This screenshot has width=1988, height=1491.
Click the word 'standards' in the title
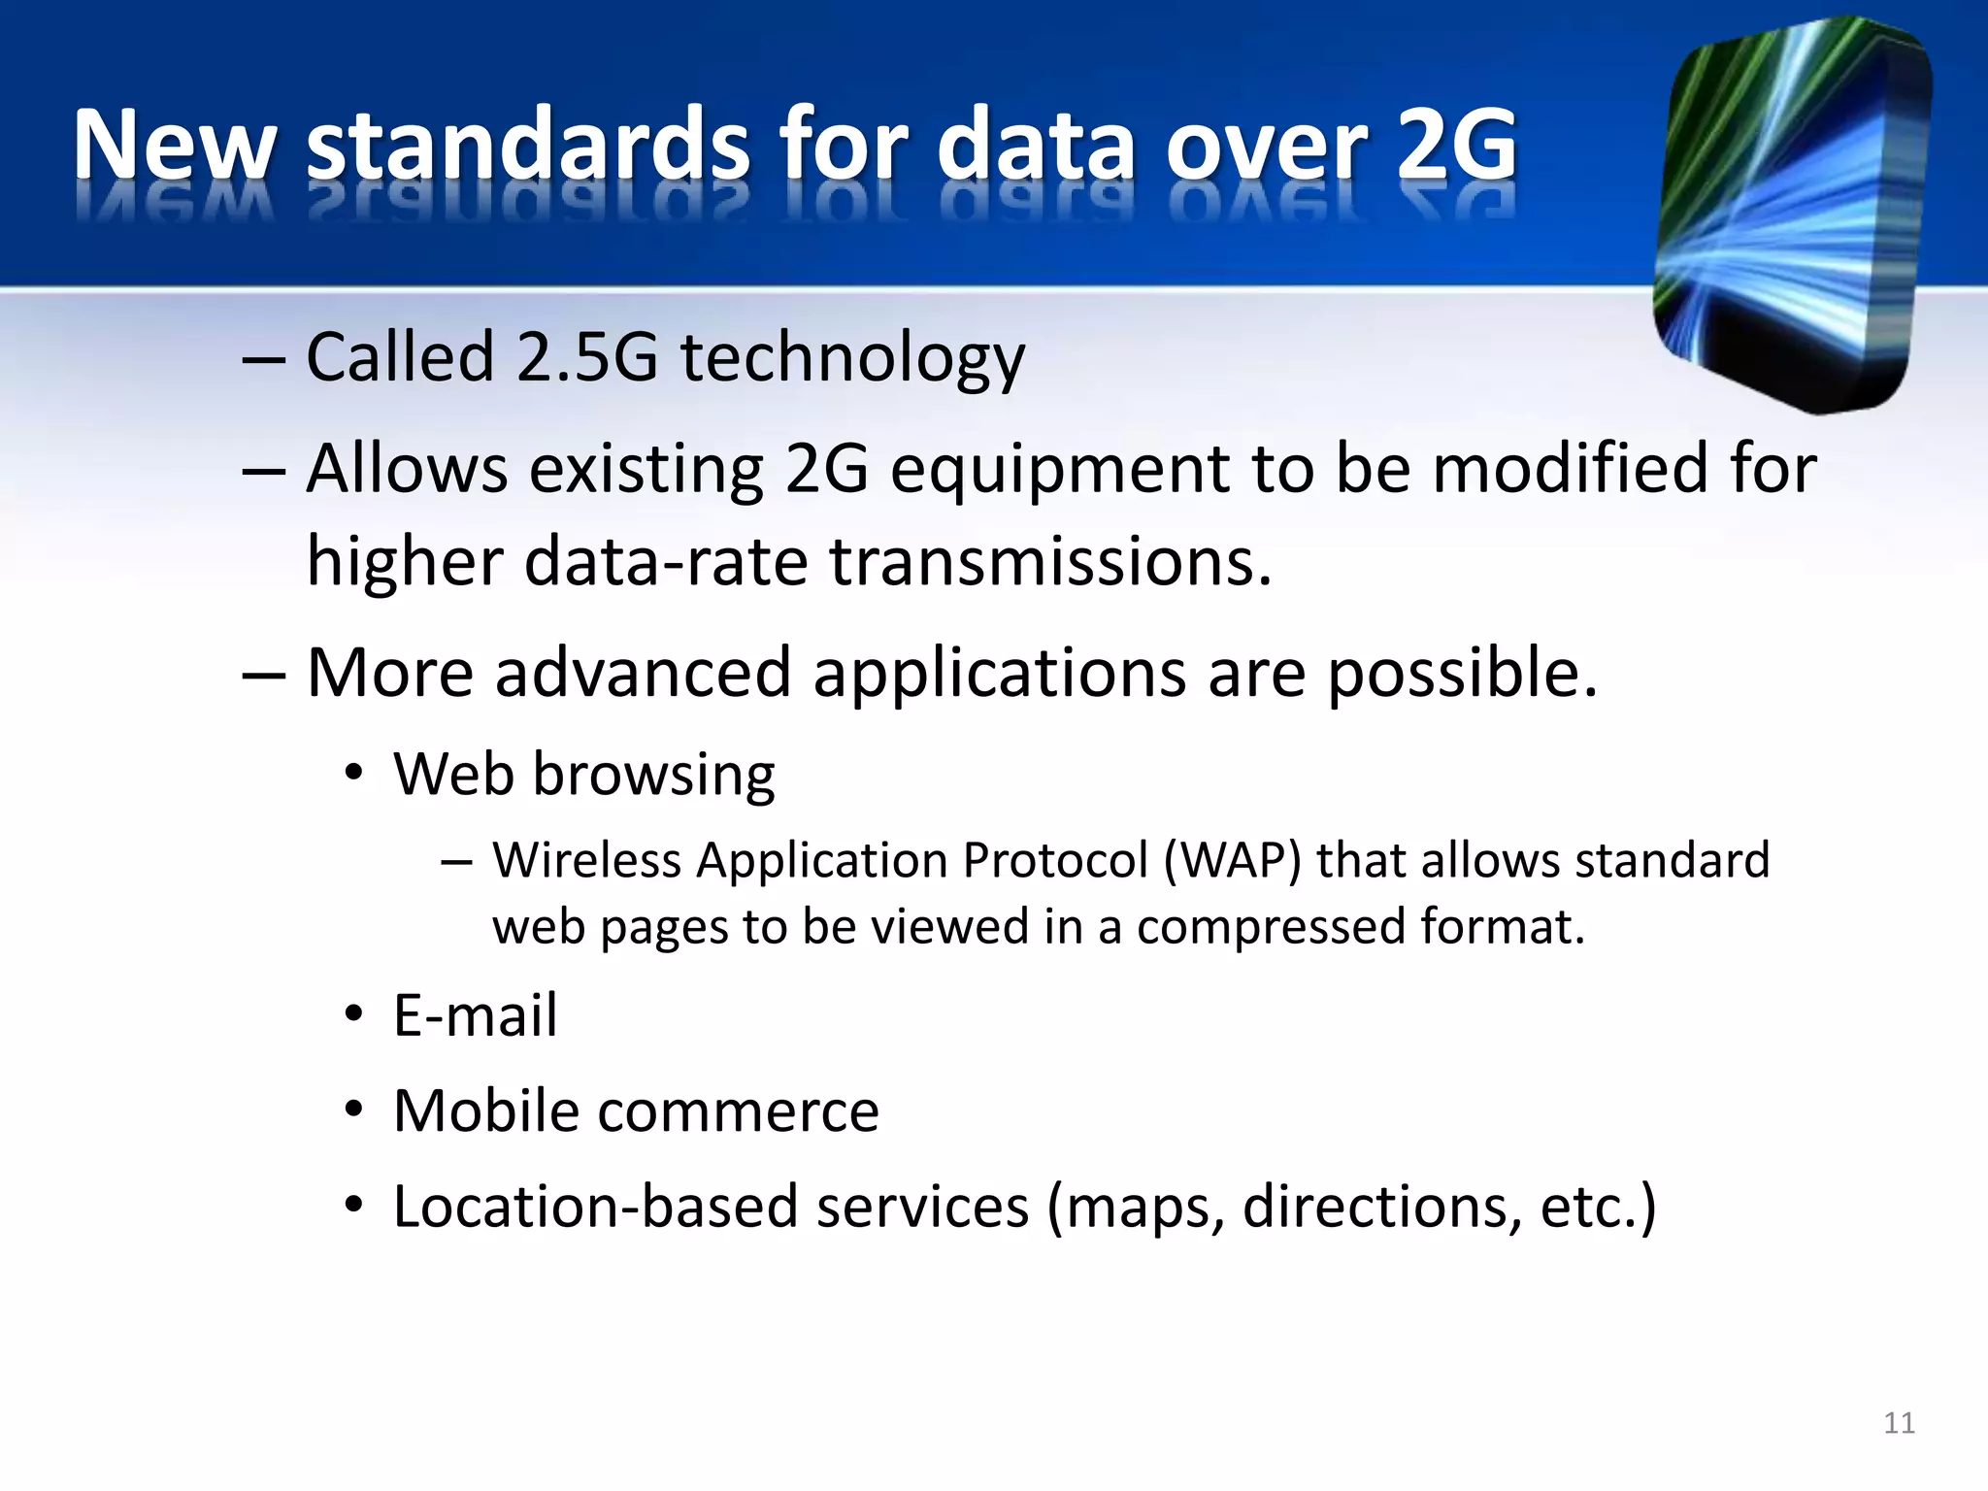pyautogui.click(x=528, y=146)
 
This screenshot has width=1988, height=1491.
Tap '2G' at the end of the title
pyautogui.click(x=1456, y=146)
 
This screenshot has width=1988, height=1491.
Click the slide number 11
pyautogui.click(x=1899, y=1423)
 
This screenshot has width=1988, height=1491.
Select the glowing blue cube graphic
pyautogui.click(x=1791, y=214)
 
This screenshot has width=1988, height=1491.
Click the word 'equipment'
pyautogui.click(x=1060, y=470)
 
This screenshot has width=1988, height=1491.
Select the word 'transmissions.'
pyautogui.click(x=1050, y=562)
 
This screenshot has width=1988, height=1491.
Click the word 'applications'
pyautogui.click(x=999, y=674)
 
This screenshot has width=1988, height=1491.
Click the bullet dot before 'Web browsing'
pyautogui.click(x=354, y=775)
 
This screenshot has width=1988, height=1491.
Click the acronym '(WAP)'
pyautogui.click(x=1232, y=861)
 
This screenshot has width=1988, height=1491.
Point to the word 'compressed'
pyautogui.click(x=1271, y=927)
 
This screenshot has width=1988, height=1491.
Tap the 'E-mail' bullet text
pyautogui.click(x=475, y=1015)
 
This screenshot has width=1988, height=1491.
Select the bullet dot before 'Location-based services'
pyautogui.click(x=354, y=1206)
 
